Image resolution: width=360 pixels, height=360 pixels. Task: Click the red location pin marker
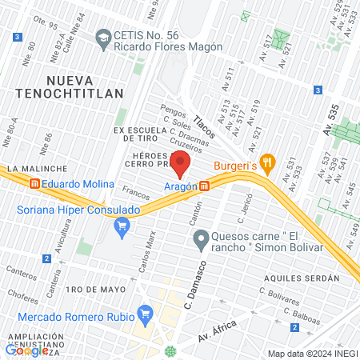pyautogui.click(x=181, y=164)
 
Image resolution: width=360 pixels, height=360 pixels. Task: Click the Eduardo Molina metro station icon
pyautogui.click(x=35, y=183)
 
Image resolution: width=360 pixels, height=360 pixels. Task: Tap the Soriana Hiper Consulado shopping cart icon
pyautogui.click(x=122, y=228)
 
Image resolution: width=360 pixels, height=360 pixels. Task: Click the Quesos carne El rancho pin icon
pyautogui.click(x=202, y=238)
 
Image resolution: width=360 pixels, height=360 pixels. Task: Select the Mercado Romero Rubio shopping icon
pyautogui.click(x=145, y=313)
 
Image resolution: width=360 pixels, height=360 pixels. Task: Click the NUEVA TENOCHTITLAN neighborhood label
pyautogui.click(x=86, y=86)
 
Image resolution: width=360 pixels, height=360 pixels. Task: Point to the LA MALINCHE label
pyautogui.click(x=30, y=170)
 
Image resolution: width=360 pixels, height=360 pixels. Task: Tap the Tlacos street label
pyautogui.click(x=205, y=125)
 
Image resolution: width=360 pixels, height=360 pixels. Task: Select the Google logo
pyautogui.click(x=27, y=350)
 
